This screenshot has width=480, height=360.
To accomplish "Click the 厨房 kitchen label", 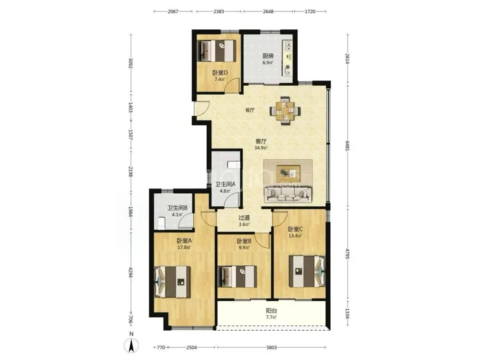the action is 268,56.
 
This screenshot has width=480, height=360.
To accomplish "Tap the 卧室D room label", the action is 220,73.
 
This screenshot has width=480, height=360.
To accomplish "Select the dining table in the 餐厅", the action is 285,111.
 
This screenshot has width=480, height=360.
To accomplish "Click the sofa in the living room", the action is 288,194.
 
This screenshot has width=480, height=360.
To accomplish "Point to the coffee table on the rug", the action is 288,174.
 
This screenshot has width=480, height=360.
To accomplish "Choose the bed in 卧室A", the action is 173,282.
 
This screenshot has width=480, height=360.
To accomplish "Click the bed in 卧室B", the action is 237,276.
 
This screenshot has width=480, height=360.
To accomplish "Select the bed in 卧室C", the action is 307,272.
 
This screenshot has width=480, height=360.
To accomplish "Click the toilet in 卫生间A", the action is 234,165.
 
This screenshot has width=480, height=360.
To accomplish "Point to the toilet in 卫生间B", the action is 161,223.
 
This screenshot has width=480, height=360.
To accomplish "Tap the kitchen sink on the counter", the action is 288,46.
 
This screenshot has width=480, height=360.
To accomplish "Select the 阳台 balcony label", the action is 271,311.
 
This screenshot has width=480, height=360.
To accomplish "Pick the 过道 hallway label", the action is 244,218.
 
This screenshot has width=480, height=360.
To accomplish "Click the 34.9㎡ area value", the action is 261,148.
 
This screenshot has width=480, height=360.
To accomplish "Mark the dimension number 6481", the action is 347,146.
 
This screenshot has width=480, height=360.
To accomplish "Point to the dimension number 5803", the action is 272,348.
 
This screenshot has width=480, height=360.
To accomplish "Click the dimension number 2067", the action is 173,12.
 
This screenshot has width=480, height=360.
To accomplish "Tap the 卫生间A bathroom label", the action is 225,184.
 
